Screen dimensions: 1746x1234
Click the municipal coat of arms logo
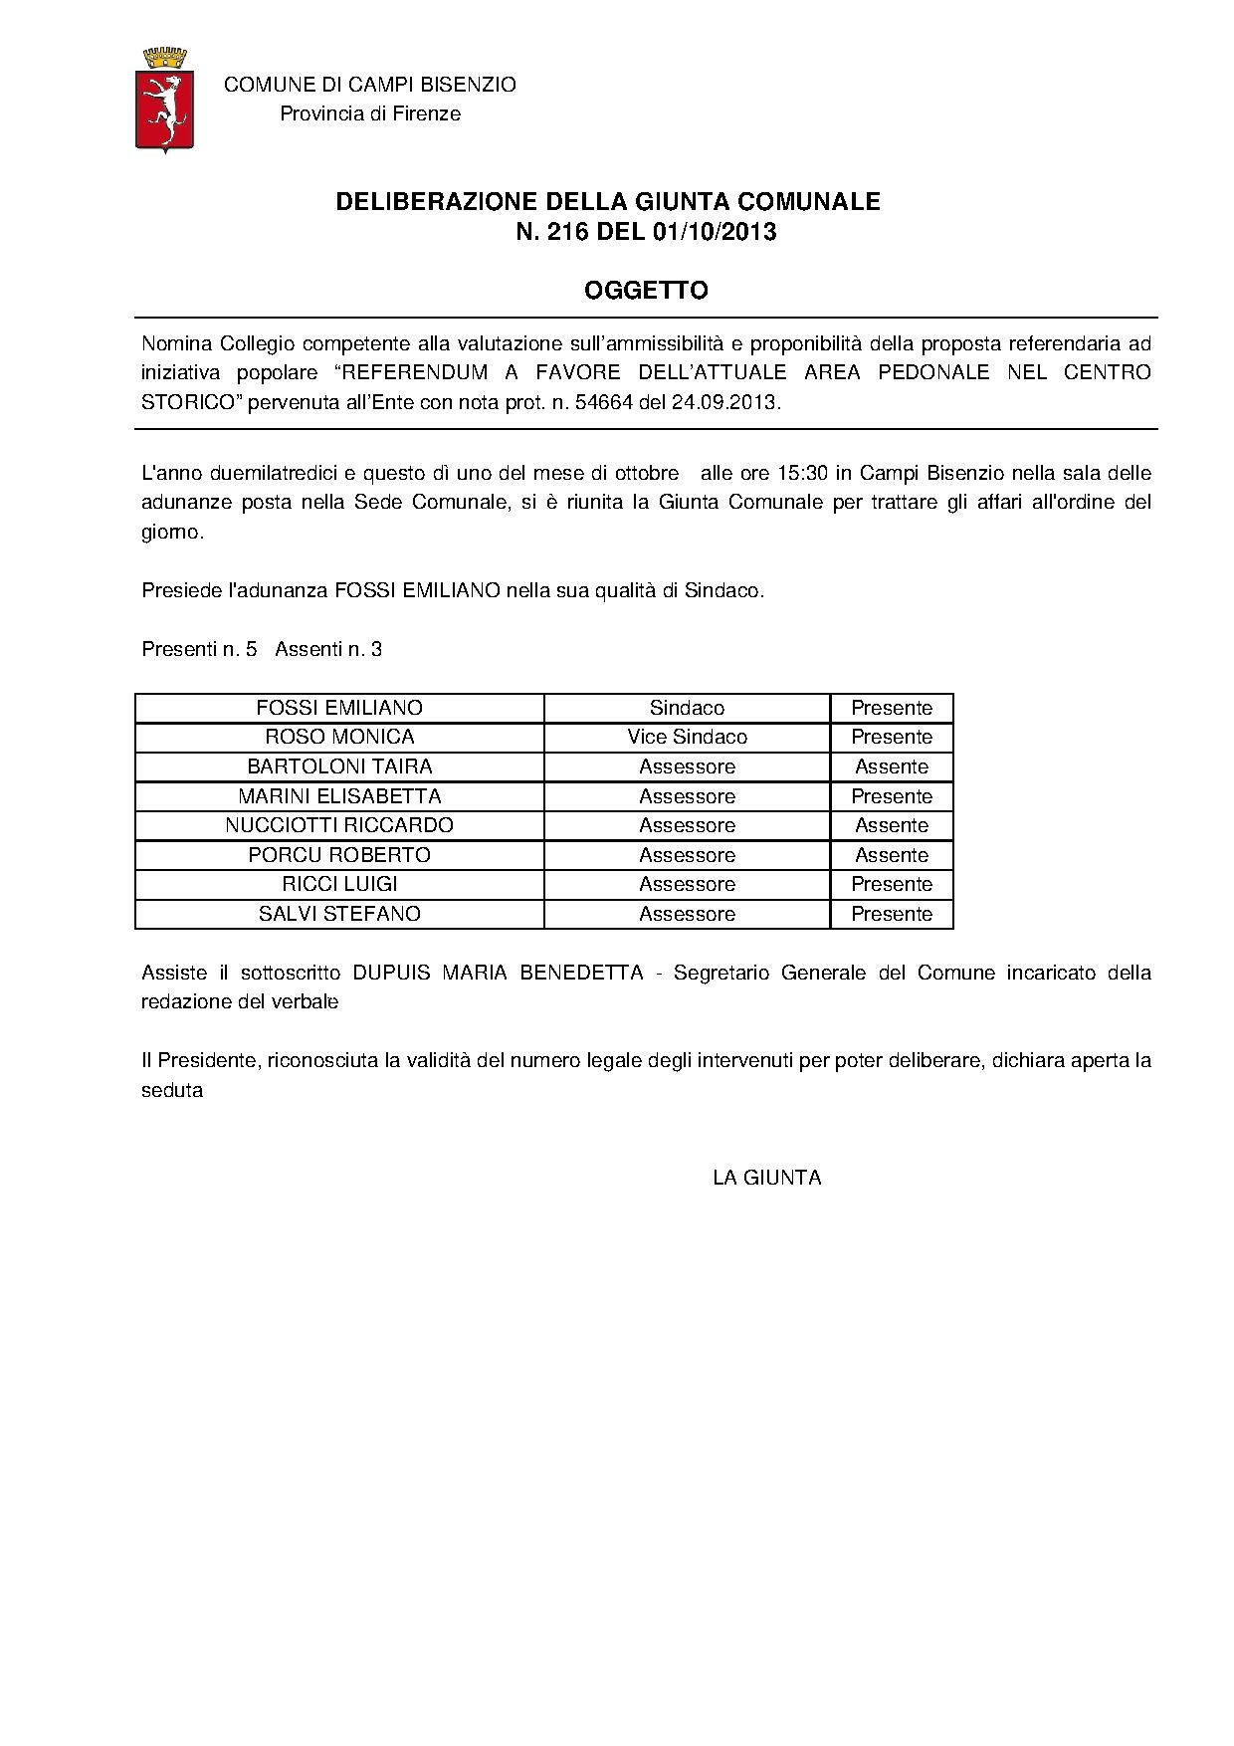click(x=164, y=100)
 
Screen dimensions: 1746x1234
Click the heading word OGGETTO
click(x=646, y=291)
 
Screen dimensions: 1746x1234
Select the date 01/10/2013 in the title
click(x=715, y=232)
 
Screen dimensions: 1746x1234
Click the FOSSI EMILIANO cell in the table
click(x=339, y=708)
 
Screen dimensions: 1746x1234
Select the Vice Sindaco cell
click(x=687, y=737)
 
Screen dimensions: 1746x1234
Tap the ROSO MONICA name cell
click(x=339, y=737)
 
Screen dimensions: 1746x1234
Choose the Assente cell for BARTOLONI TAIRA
click(x=892, y=766)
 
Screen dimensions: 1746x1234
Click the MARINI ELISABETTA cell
click(x=339, y=796)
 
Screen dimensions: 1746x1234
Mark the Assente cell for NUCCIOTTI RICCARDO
click(x=892, y=825)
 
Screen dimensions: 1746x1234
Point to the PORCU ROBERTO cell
click(x=339, y=855)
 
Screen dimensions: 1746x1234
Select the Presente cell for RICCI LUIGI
click(x=892, y=884)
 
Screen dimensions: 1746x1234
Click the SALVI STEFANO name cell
click(x=339, y=914)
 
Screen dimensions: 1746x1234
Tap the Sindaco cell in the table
click(x=687, y=708)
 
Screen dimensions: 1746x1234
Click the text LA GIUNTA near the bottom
click(x=767, y=1178)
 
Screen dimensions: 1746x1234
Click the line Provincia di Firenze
click(x=370, y=113)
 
